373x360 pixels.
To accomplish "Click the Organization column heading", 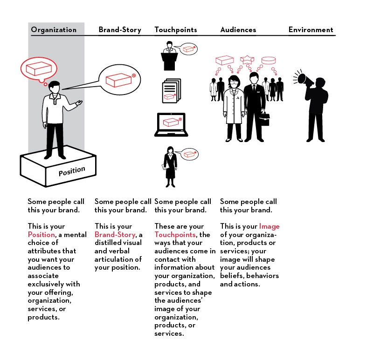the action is pyautogui.click(x=54, y=30).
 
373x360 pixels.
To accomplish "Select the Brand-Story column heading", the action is pyautogui.click(x=120, y=30).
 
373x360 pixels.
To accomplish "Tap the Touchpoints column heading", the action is pyautogui.click(x=176, y=30).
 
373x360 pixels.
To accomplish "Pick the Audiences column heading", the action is pyautogui.click(x=238, y=30).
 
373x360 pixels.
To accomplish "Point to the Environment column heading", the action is pyautogui.click(x=311, y=30).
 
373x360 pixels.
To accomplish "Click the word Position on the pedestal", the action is pyautogui.click(x=72, y=171).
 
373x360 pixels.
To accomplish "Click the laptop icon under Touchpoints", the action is pyautogui.click(x=171, y=124).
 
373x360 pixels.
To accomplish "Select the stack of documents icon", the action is pyautogui.click(x=172, y=91).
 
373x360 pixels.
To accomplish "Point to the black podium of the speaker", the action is pyautogui.click(x=169, y=61).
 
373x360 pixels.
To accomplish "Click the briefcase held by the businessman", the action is pyautogui.click(x=264, y=119).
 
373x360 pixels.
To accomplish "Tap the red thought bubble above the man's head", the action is pyautogui.click(x=39, y=69).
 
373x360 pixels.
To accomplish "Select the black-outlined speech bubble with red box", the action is pyautogui.click(x=120, y=80).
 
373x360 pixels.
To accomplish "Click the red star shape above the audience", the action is pyautogui.click(x=247, y=60).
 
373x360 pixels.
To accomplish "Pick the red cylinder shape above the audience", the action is pyautogui.click(x=269, y=61).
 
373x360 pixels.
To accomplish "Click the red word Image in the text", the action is pyautogui.click(x=269, y=226).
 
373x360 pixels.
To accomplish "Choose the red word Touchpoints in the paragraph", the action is pyautogui.click(x=175, y=235).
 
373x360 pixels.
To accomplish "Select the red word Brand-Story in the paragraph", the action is pyautogui.click(x=115, y=235).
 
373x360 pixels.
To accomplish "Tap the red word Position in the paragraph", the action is pyautogui.click(x=41, y=235).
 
